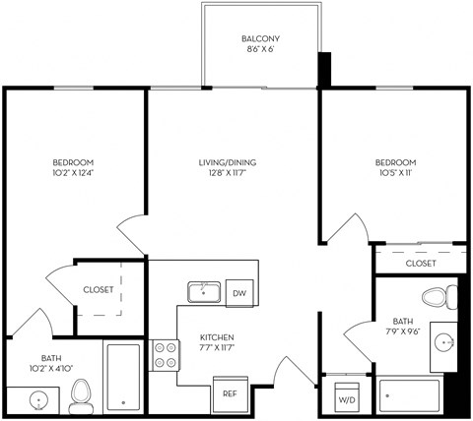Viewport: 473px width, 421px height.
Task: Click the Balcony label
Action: pyautogui.click(x=260, y=40)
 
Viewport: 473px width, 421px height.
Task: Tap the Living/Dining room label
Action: pyautogui.click(x=233, y=162)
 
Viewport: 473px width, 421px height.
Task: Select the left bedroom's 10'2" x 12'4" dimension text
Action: pyautogui.click(x=73, y=174)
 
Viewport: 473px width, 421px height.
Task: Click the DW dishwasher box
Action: pyautogui.click(x=239, y=292)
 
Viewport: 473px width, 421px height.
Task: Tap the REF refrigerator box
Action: pyautogui.click(x=229, y=393)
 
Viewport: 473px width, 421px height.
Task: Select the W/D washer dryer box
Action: pyautogui.click(x=347, y=400)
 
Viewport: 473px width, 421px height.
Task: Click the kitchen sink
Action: pyautogui.click(x=204, y=291)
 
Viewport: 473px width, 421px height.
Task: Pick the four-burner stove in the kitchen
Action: pyautogui.click(x=165, y=353)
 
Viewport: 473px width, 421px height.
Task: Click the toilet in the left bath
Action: pyautogui.click(x=82, y=394)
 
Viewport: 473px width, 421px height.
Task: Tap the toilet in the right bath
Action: pyautogui.click(x=438, y=296)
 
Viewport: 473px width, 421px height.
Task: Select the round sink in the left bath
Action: pyautogui.click(x=38, y=401)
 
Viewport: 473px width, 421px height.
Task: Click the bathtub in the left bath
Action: pyautogui.click(x=124, y=377)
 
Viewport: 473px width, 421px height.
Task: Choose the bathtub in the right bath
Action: pyautogui.click(x=409, y=396)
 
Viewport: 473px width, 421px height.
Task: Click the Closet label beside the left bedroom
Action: pyautogui.click(x=98, y=290)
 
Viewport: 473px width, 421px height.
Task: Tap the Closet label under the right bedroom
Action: pyautogui.click(x=421, y=264)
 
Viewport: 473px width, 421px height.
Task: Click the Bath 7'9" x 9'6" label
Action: pyautogui.click(x=405, y=326)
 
